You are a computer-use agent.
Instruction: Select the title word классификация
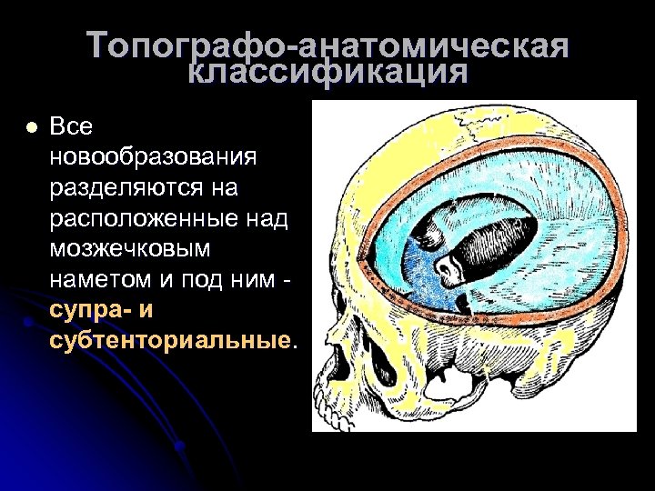coord(329,73)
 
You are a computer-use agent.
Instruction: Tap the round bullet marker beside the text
coord(33,128)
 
